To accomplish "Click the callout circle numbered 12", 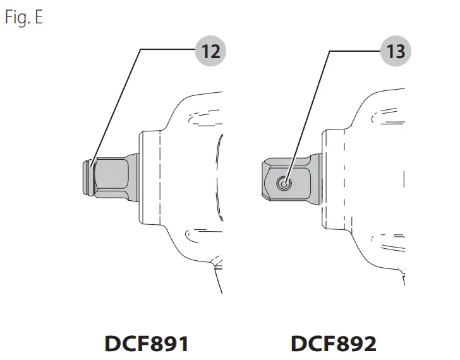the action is [210, 51].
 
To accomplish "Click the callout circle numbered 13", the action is [396, 51].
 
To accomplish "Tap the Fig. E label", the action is [24, 17].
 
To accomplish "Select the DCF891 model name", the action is [147, 344].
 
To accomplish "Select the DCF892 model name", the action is [334, 344].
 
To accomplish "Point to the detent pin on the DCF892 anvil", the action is [284, 184].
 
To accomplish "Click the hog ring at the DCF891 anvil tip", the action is [88, 177].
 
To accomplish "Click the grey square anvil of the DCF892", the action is [292, 179].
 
